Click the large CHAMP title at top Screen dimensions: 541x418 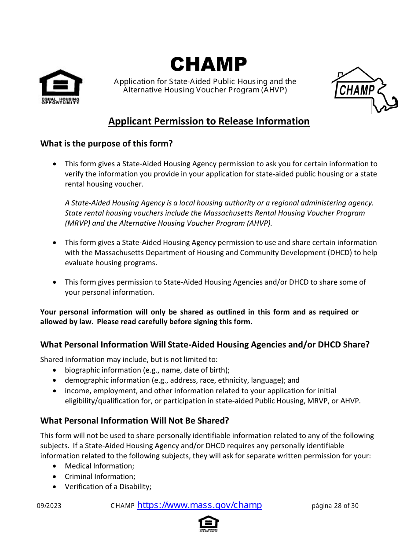pos(209,65)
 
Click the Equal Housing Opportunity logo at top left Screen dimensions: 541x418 pos(61,87)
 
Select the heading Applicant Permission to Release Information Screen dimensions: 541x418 pos(209,121)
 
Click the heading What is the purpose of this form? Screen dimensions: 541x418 pos(106,143)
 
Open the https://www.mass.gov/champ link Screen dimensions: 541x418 pos(200,505)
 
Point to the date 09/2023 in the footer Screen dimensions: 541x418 pos(49,506)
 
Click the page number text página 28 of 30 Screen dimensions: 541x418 pos(335,506)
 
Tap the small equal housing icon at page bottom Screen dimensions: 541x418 pos(209,523)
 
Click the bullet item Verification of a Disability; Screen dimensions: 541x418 pos(108,486)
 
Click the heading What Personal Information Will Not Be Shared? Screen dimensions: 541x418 pos(135,420)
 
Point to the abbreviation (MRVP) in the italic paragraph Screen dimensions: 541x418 pos(79,223)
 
